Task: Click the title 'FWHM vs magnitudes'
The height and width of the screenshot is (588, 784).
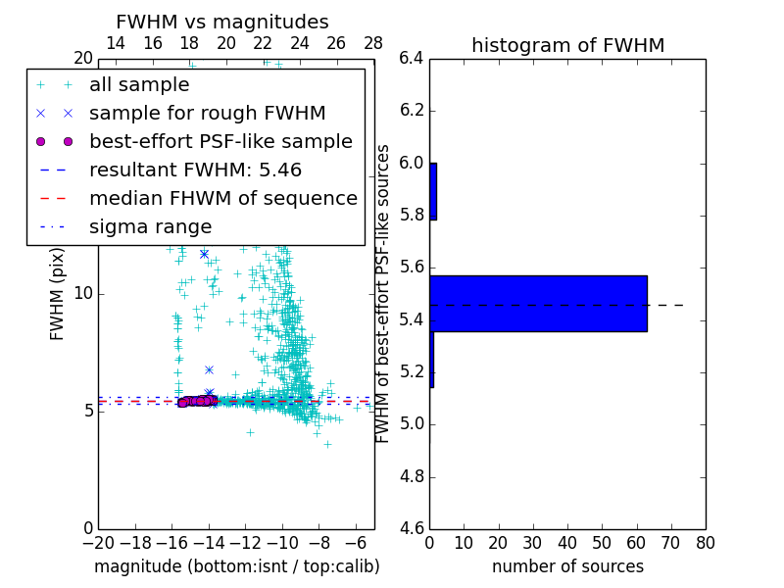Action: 222,23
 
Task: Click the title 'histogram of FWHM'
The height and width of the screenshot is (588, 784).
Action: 567,45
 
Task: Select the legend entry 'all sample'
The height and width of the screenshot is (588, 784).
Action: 138,85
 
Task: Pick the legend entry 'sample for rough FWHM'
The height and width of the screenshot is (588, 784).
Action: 207,114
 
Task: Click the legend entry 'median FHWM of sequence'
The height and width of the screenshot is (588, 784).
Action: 222,198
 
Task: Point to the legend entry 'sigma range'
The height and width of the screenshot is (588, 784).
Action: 150,227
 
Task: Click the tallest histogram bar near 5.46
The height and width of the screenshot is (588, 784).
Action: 538,304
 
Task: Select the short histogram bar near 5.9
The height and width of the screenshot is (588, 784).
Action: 433,191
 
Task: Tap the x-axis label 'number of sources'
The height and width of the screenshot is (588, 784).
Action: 567,566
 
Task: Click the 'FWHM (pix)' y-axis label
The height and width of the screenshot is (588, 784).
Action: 58,293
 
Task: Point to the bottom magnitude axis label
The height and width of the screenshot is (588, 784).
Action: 236,566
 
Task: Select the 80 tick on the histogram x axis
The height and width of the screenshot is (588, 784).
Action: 705,543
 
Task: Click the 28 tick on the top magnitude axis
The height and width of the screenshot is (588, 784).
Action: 373,43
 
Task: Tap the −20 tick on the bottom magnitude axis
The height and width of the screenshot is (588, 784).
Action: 98,543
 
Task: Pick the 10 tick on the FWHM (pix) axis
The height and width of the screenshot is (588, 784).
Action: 82,294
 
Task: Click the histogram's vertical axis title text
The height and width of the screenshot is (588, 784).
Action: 383,293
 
